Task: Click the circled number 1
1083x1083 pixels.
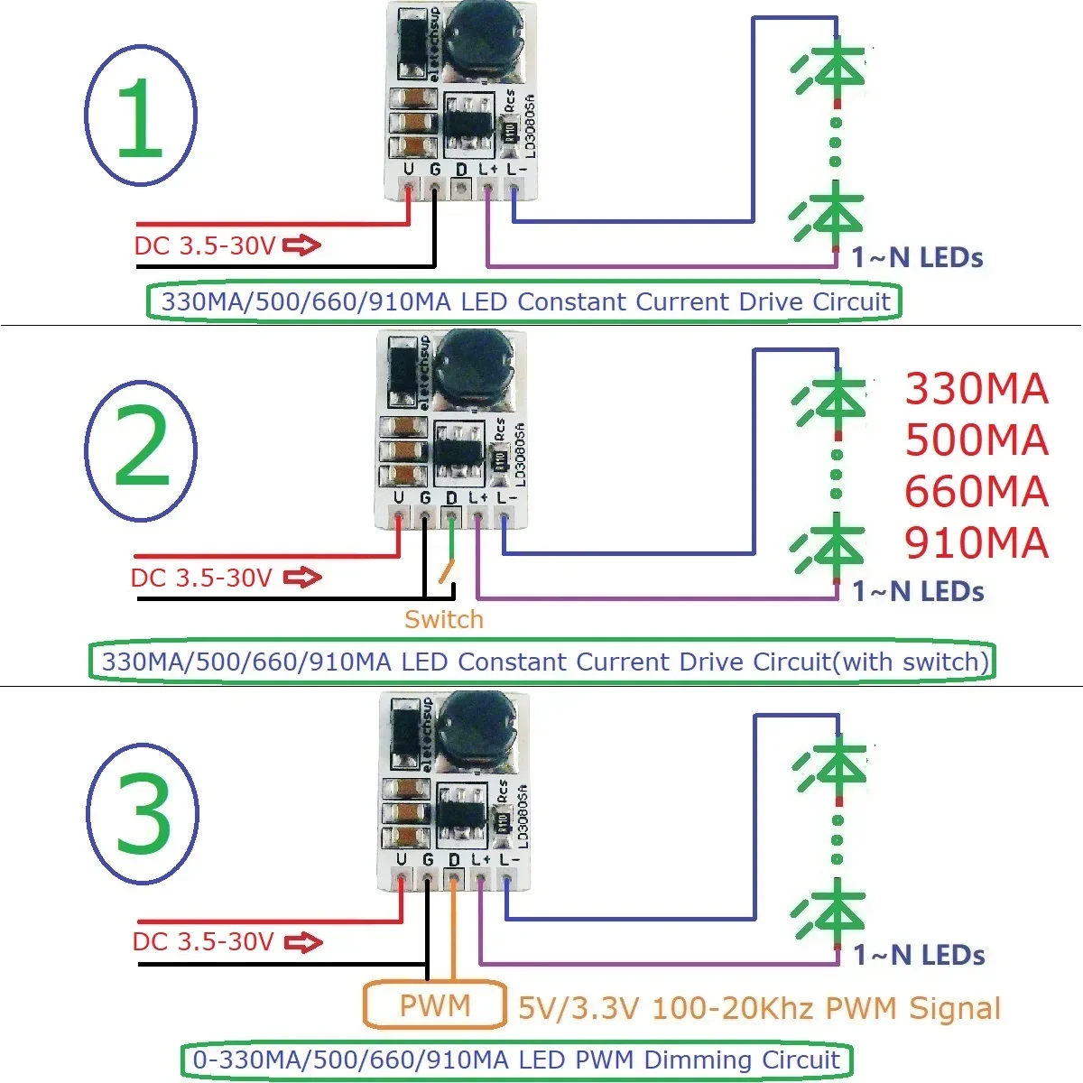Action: pyautogui.click(x=140, y=118)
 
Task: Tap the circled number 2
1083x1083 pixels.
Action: pyautogui.click(x=141, y=449)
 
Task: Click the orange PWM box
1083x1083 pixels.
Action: pyautogui.click(x=434, y=1004)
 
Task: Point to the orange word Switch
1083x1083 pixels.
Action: pyautogui.click(x=443, y=619)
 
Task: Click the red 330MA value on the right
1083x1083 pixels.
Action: pyautogui.click(x=976, y=389)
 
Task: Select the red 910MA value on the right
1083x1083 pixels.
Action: pyautogui.click(x=976, y=542)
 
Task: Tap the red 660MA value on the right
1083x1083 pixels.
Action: pyautogui.click(x=976, y=492)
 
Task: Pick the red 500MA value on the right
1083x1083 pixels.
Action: pyautogui.click(x=976, y=440)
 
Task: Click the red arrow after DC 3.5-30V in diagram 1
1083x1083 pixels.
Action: pyautogui.click(x=301, y=245)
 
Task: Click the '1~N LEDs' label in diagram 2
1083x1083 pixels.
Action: pyautogui.click(x=918, y=592)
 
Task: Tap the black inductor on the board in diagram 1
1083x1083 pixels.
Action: pyautogui.click(x=477, y=36)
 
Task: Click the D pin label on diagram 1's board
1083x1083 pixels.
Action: pyautogui.click(x=461, y=170)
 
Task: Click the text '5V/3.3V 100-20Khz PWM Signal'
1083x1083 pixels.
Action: pyautogui.click(x=759, y=1008)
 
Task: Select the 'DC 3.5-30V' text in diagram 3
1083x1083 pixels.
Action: pyautogui.click(x=203, y=942)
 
